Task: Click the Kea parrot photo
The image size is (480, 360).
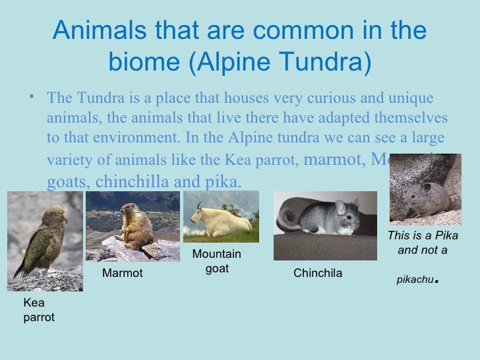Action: (45, 241)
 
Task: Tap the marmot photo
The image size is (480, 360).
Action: (132, 226)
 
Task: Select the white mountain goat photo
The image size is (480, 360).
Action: (220, 217)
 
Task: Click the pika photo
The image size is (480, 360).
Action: (425, 190)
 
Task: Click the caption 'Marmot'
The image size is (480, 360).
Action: (123, 273)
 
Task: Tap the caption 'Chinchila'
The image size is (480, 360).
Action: (317, 273)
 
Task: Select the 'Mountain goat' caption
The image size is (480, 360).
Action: (217, 261)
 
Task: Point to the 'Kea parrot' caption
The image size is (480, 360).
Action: (39, 311)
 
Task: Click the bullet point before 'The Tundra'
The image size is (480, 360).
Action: (32, 97)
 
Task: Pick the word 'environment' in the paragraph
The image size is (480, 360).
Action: (123, 139)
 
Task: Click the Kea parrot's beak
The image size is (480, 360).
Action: (64, 218)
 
